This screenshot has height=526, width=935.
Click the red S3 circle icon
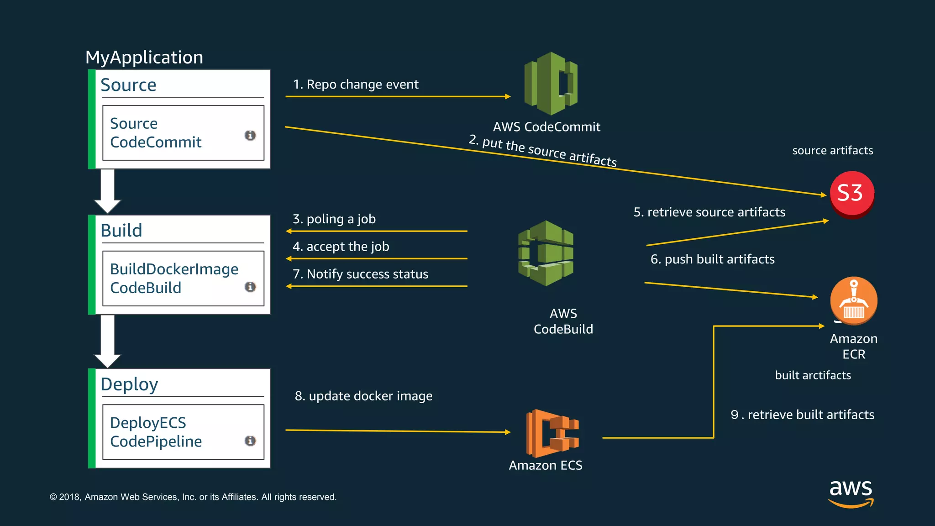[x=851, y=194]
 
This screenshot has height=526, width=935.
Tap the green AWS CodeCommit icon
[x=551, y=84]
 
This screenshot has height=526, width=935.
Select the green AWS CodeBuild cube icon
[x=546, y=253]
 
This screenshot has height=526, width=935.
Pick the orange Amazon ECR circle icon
[x=853, y=300]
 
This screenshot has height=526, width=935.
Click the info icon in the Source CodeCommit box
[x=250, y=135]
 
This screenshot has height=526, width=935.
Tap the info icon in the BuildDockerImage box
[x=250, y=287]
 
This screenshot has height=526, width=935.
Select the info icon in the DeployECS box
[x=250, y=441]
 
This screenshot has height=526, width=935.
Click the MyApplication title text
[x=144, y=58]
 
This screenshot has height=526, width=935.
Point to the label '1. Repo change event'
[x=356, y=84]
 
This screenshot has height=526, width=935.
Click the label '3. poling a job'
[x=334, y=219]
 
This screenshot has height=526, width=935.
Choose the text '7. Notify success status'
[x=360, y=274]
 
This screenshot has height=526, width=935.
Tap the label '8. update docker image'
[x=363, y=396]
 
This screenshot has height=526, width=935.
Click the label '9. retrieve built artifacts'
[x=802, y=415]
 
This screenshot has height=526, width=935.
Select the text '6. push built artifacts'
[x=712, y=259]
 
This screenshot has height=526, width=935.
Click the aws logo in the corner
[x=851, y=493]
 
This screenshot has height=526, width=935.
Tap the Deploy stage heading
[x=129, y=384]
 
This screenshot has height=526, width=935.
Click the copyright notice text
[x=193, y=497]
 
